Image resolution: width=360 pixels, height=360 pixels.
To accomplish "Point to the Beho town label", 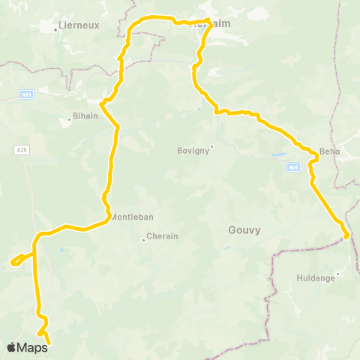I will [x=330, y=151].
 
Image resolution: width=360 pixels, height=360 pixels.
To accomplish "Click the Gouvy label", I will [x=244, y=230].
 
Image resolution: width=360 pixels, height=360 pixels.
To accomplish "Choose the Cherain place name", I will [x=163, y=236].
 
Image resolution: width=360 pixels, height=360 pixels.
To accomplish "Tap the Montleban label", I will [x=133, y=217].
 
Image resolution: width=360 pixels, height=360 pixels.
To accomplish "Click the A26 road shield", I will [x=22, y=150].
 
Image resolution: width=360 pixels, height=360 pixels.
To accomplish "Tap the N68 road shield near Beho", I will [x=293, y=167].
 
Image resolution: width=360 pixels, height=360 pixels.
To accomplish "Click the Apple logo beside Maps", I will [x=11, y=347].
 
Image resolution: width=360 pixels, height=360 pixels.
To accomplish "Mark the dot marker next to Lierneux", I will [x=57, y=30].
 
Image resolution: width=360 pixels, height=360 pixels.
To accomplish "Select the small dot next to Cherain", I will [x=143, y=240].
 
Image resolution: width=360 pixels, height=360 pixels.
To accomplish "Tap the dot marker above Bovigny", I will [x=211, y=146].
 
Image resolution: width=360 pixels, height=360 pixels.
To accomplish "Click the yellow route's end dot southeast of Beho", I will [x=346, y=236].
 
